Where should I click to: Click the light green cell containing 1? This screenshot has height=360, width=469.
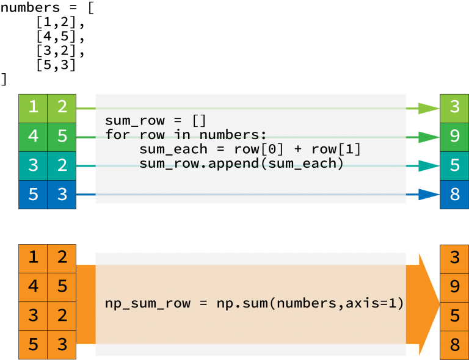click(x=33, y=109)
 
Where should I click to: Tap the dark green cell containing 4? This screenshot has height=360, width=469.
click(x=33, y=137)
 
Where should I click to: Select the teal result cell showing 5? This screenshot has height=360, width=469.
click(x=454, y=166)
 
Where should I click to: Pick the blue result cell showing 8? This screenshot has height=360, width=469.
click(x=454, y=195)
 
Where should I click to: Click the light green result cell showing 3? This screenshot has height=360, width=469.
click(x=454, y=109)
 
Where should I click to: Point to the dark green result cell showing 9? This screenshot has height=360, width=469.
click(x=454, y=137)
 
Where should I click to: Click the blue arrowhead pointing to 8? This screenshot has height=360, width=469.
click(x=429, y=195)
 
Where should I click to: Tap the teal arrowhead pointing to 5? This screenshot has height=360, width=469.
click(x=429, y=166)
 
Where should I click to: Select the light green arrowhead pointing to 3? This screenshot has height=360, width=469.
click(x=429, y=109)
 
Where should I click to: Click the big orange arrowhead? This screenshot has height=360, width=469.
click(x=427, y=304)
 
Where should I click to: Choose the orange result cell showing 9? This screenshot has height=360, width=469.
click(x=454, y=287)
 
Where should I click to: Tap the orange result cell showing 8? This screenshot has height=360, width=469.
click(x=454, y=345)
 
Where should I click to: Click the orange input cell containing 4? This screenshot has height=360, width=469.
click(x=33, y=287)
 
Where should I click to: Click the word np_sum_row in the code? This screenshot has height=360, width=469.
click(x=148, y=304)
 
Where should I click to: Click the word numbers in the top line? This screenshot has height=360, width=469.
click(x=30, y=7)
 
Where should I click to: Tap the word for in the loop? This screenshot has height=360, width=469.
click(x=117, y=134)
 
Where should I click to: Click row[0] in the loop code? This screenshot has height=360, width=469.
click(x=258, y=149)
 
